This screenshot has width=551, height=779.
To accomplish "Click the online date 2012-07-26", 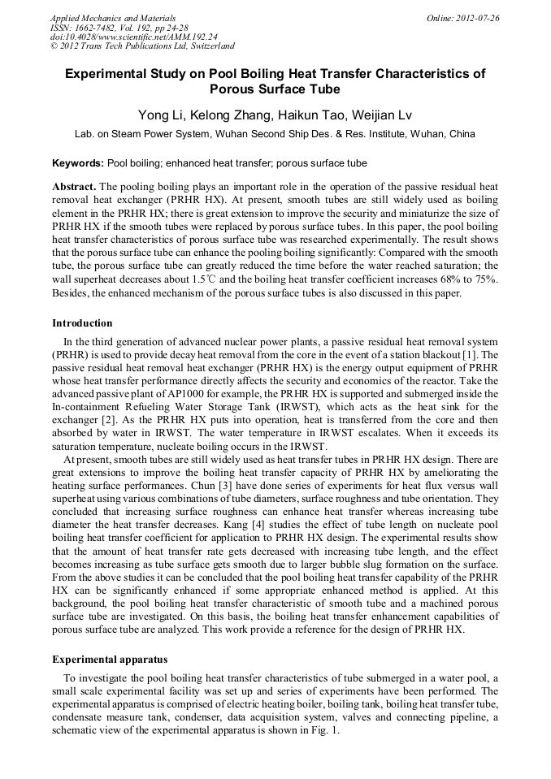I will [479, 18].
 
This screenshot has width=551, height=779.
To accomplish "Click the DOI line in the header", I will [133, 37].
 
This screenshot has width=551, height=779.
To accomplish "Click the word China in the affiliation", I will [462, 134].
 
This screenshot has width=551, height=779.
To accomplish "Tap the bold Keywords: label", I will [78, 163].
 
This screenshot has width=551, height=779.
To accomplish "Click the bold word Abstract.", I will [75, 186].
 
